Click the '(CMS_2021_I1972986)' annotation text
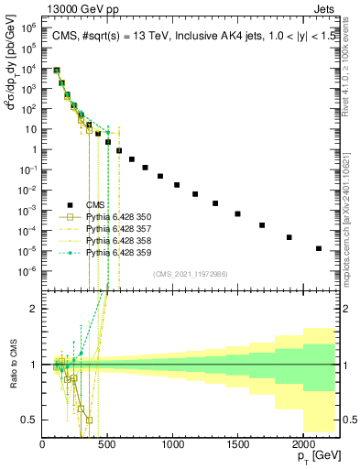(190, 274)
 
